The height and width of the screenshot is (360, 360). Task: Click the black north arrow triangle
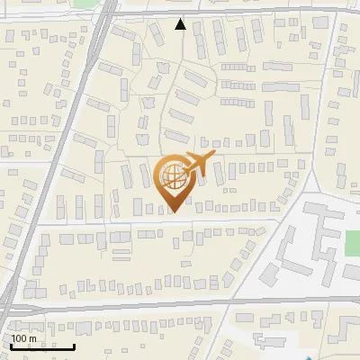(x=181, y=24)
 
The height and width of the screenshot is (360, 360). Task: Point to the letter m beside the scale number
(x=33, y=339)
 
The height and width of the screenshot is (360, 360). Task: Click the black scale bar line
(x=40, y=346)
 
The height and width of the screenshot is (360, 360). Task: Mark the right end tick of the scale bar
(x=74, y=345)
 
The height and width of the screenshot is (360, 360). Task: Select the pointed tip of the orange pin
(x=173, y=212)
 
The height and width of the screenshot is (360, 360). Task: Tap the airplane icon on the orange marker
(x=196, y=166)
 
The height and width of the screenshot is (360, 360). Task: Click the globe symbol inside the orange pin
(x=172, y=176)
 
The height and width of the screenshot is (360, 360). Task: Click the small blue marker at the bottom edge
(x=308, y=357)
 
